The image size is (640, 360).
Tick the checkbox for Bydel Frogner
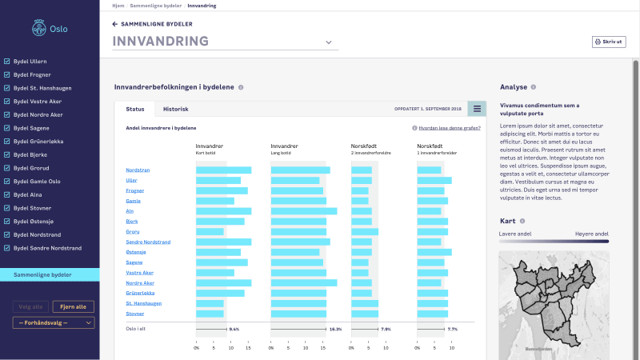tap(7, 74)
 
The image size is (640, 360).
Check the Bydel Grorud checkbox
tap(7, 168)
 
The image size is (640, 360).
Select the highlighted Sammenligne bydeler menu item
tap(50, 275)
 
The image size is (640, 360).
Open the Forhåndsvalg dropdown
tap(53, 323)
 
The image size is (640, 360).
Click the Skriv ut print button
tap(608, 41)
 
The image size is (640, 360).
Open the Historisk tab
tap(175, 109)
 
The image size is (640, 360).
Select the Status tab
tap(135, 109)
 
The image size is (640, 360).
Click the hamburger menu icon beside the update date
tap(477, 109)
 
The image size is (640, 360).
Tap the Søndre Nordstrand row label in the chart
tap(148, 242)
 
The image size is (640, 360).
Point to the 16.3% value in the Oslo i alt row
tap(335, 329)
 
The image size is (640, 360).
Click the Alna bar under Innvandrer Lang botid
tap(303, 211)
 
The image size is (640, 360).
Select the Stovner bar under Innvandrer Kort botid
tap(210, 314)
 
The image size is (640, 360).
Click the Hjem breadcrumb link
tap(118, 6)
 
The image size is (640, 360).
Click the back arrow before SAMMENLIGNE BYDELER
tap(114, 24)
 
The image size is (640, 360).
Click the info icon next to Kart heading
tap(521, 221)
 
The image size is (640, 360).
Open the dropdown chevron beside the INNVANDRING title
tap(328, 42)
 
